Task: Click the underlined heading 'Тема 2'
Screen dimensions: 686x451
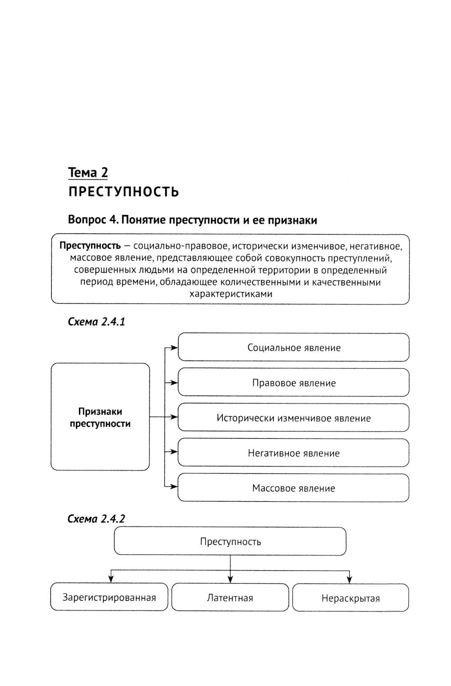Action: pos(88,172)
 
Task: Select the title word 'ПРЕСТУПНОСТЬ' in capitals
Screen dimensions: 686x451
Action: pos(124,192)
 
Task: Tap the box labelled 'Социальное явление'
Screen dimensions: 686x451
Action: pos(294,348)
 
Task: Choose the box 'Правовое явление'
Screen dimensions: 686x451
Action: pos(294,383)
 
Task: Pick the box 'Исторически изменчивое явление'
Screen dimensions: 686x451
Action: pos(294,418)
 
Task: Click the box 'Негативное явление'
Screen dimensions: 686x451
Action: pos(294,453)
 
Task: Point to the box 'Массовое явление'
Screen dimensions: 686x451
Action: pos(294,488)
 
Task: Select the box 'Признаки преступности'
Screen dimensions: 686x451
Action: pos(100,417)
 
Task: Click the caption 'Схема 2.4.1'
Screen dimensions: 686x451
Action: pos(96,322)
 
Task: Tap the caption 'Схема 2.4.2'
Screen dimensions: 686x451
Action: pos(96,519)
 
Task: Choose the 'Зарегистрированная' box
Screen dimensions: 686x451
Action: pos(109,598)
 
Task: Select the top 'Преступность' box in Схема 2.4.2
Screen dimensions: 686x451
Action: pos(230,541)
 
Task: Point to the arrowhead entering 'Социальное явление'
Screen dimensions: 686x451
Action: pos(175,348)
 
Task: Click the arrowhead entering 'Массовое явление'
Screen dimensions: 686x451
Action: pos(175,486)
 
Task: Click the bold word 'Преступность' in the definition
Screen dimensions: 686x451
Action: pos(90,246)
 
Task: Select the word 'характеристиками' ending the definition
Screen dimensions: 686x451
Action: pos(230,294)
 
